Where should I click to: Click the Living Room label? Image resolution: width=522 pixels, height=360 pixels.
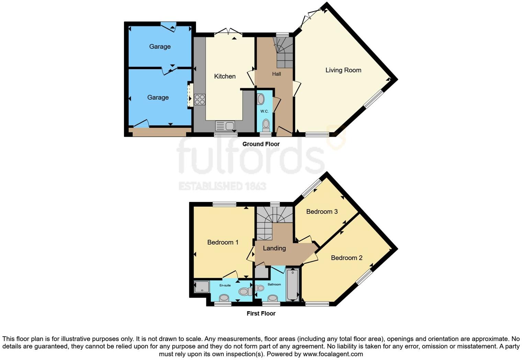[343, 70]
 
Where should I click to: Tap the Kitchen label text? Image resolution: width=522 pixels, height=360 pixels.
[225, 76]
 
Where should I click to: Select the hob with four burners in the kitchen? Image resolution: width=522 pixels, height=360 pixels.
[200, 99]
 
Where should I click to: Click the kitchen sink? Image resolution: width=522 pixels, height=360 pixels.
[225, 126]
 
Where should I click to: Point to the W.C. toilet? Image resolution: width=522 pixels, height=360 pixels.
[265, 124]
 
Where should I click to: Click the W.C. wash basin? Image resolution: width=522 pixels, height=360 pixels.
[261, 99]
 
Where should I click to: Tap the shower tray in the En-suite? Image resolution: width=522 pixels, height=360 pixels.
[202, 287]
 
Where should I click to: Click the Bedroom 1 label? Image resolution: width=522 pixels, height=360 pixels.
[223, 242]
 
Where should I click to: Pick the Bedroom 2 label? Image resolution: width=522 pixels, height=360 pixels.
[347, 258]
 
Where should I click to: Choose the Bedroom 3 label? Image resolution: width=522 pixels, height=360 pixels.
[322, 211]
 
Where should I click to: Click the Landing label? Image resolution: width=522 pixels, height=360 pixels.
[274, 248]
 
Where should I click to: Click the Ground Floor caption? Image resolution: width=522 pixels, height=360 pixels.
[261, 144]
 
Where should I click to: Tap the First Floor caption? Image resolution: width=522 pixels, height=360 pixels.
[261, 313]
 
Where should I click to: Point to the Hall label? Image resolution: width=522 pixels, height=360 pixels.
[276, 74]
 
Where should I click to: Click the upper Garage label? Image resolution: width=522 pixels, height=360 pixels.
[160, 46]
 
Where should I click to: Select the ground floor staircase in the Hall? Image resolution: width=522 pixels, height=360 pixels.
[284, 53]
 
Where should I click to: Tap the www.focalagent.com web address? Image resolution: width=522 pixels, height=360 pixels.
[333, 354]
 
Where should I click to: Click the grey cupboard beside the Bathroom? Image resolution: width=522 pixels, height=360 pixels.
[261, 272]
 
